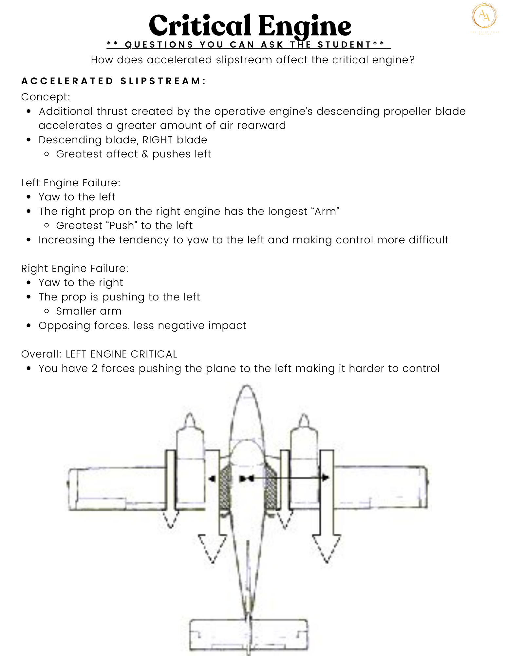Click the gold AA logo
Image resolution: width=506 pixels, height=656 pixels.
[x=484, y=16]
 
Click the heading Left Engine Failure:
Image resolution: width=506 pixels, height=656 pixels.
[x=71, y=183]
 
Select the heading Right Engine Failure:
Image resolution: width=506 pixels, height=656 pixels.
[x=75, y=268]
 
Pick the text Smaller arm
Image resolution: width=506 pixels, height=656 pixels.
[x=89, y=311]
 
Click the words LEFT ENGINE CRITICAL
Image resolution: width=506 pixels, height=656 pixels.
[x=121, y=354]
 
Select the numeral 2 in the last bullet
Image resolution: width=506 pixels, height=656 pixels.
[x=95, y=369]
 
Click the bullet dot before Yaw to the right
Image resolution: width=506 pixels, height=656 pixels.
[x=29, y=283]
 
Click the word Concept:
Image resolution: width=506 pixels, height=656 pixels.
[x=46, y=97]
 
